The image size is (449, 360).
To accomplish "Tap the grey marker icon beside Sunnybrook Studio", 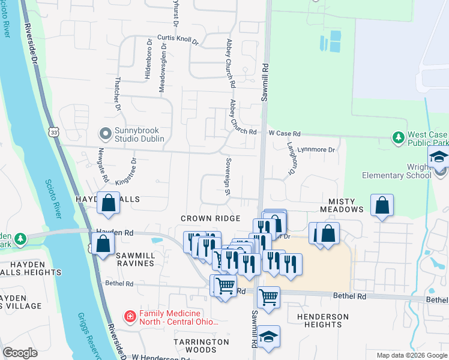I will tap(106, 133).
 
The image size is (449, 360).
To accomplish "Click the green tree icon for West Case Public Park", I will tap(398, 139).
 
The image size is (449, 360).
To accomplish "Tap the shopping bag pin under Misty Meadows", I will tap(382, 205).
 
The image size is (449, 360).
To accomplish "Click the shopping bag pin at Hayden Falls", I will tap(109, 203).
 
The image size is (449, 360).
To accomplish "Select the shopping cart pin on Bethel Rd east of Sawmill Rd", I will tap(268, 296).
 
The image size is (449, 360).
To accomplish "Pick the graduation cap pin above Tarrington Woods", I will tap(268, 337).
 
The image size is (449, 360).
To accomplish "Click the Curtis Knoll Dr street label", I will tap(178, 39).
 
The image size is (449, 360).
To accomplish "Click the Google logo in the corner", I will tap(20, 353).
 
